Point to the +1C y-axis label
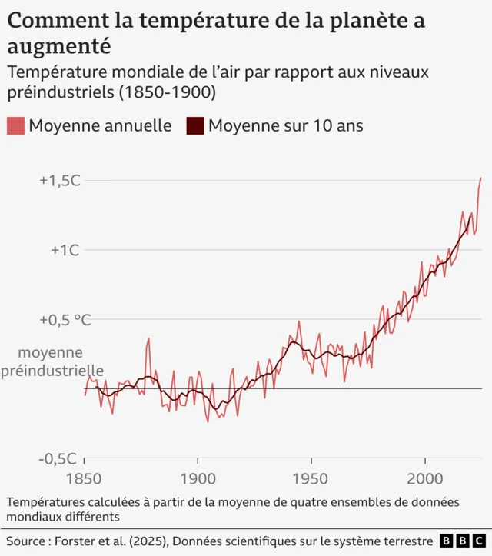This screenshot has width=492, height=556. pos(65,250)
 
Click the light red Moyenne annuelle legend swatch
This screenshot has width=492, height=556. pos(15,125)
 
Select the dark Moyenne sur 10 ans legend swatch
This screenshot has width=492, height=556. pos(195,125)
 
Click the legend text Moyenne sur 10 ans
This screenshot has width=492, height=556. pos(285,125)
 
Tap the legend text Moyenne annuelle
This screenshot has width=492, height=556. pos(100,125)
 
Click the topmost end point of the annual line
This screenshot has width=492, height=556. pos(481,178)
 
